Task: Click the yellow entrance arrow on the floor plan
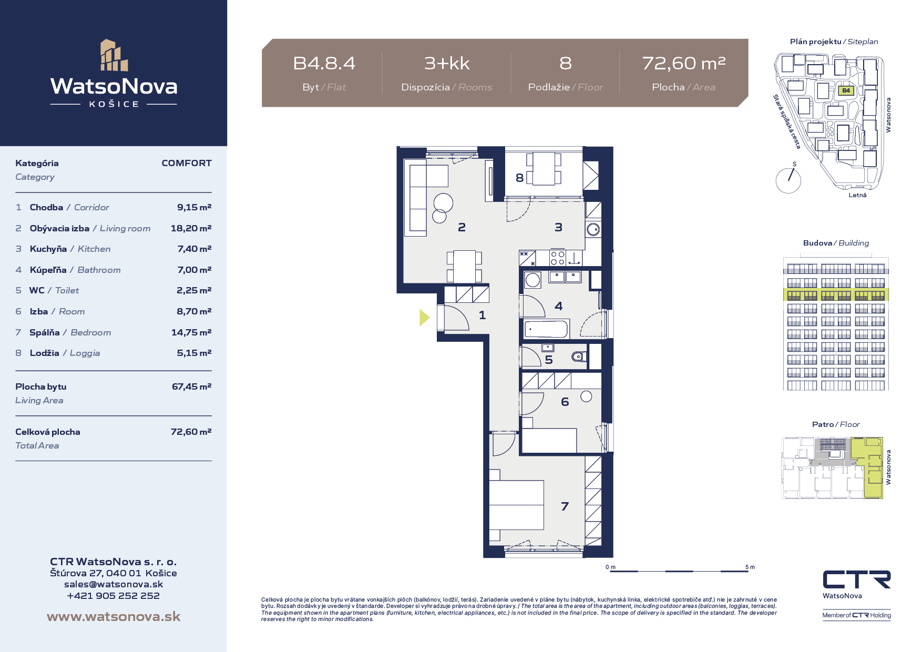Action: (424, 317)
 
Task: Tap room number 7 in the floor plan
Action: (565, 506)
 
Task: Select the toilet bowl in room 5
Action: (579, 356)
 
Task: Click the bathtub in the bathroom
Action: (546, 329)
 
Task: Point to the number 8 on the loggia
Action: (519, 178)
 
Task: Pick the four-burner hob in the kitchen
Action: (558, 258)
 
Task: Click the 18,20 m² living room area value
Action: (191, 228)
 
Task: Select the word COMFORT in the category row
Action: (187, 163)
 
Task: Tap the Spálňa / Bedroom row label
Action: (70, 332)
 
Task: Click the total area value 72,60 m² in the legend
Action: (191, 432)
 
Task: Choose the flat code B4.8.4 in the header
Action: (324, 63)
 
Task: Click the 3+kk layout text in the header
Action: (447, 63)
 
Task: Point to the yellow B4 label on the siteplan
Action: (846, 90)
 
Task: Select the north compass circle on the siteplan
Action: (788, 180)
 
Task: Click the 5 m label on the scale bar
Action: (750, 567)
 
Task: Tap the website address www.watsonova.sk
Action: (114, 616)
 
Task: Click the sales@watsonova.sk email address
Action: (114, 584)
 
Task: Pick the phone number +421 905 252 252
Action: (114, 596)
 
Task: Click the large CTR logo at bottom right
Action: (857, 579)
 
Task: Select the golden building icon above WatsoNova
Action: (114, 55)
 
